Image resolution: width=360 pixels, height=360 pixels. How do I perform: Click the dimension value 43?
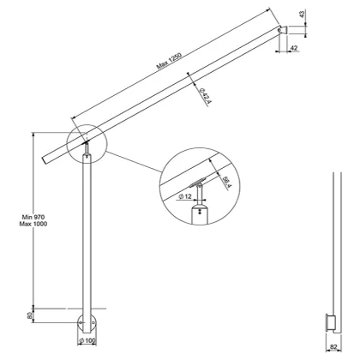303,14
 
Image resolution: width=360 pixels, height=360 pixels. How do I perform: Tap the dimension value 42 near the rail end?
293,50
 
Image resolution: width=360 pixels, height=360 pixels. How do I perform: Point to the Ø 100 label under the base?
86,341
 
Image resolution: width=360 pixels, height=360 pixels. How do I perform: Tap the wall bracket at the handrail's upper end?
280,33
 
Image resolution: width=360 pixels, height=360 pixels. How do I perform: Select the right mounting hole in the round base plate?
94,325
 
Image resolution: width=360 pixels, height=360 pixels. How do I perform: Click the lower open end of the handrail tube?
45,160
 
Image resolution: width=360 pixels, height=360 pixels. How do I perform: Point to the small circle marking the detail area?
85,143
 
